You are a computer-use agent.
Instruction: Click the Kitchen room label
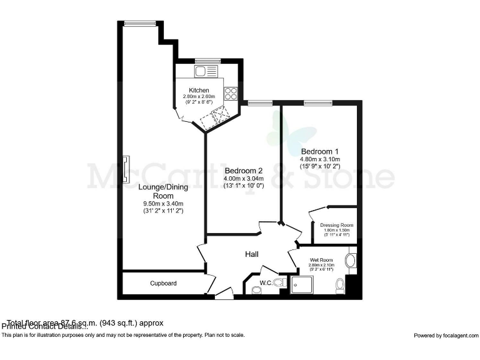pyautogui.click(x=199, y=91)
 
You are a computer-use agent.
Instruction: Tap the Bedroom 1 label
pyautogui.click(x=319, y=151)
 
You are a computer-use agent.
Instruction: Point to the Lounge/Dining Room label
pyautogui.click(x=162, y=191)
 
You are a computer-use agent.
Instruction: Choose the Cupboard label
pyautogui.click(x=163, y=283)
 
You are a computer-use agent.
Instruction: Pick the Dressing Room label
pyautogui.click(x=337, y=225)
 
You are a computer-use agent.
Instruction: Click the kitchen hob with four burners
pyautogui.click(x=231, y=93)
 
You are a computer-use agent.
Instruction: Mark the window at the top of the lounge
pyautogui.click(x=135, y=24)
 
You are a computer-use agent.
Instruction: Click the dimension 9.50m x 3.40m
pyautogui.click(x=162, y=204)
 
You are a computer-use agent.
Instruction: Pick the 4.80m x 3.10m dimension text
pyautogui.click(x=319, y=160)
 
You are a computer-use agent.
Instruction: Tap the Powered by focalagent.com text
pyautogui.click(x=445, y=336)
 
